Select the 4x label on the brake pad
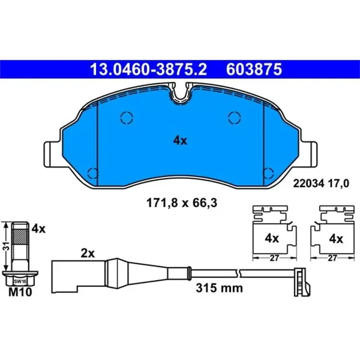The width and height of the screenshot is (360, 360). click(x=179, y=140)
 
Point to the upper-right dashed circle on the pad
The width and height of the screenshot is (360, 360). click(x=234, y=118)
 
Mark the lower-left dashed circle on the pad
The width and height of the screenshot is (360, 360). click(x=93, y=173)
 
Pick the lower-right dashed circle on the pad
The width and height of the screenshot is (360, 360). click(x=267, y=173)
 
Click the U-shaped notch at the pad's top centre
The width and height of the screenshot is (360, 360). click(x=180, y=94)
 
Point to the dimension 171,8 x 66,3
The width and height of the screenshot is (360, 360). click(x=179, y=203)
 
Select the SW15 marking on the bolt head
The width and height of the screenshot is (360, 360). click(x=19, y=281)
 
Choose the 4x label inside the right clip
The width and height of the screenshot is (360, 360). click(x=335, y=239)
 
